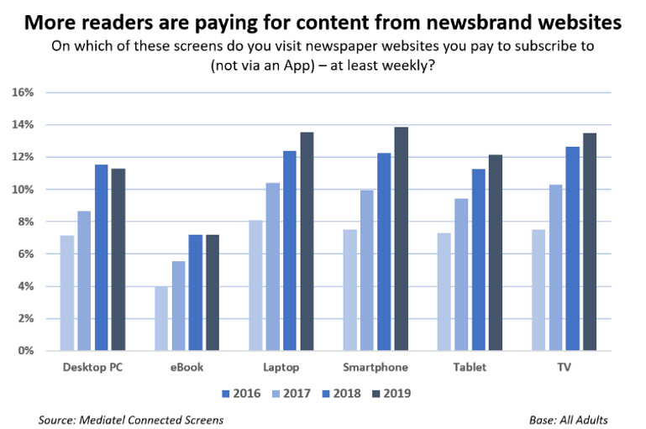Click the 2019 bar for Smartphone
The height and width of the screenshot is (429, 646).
401,239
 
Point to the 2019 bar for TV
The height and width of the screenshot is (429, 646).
589,242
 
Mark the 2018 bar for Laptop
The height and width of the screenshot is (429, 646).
289,251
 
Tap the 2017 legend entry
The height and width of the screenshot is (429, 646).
292,392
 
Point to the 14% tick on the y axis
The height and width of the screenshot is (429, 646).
22,125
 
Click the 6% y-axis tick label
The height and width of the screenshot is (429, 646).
24,254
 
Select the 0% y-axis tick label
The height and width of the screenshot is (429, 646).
24,351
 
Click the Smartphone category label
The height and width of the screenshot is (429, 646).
376,368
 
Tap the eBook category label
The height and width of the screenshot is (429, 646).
186,368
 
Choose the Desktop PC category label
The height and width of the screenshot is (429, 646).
92,368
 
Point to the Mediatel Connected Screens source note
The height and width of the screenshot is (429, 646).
130,420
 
